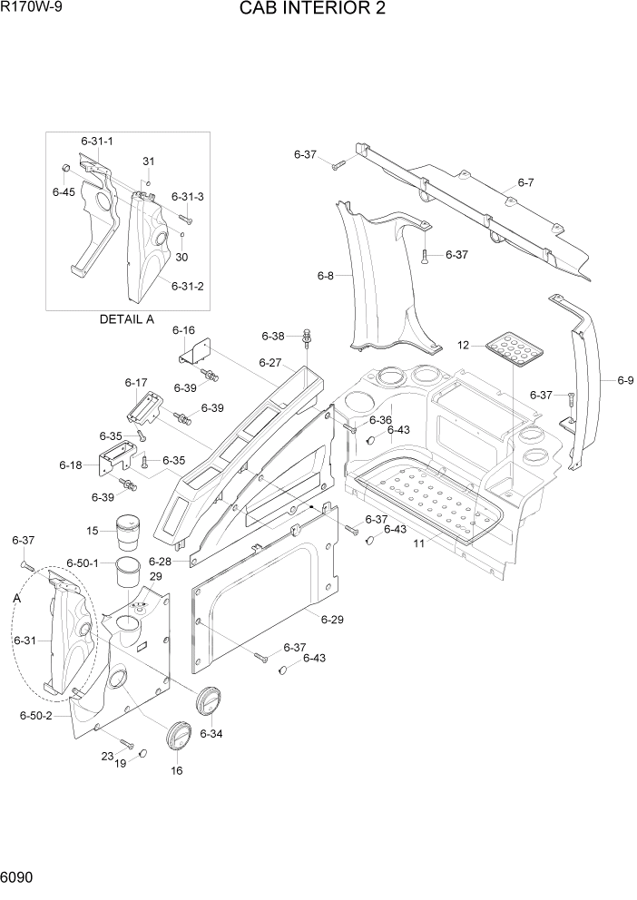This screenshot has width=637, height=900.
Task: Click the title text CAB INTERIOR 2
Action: pos(313,10)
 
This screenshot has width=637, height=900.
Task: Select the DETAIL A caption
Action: pos(127,319)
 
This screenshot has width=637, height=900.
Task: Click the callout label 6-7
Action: pos(525,183)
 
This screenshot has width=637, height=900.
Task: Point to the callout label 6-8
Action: pos(326,275)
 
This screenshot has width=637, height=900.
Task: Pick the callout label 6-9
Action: pos(625,380)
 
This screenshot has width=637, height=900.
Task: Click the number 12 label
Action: pos(464,345)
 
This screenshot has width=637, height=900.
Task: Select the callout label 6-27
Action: pos(271,362)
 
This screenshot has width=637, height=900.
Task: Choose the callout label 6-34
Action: pos(211,733)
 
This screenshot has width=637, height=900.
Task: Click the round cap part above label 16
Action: pos(178,735)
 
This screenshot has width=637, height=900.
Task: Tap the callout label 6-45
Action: pos(64,192)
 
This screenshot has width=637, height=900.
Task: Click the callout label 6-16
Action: pos(184,330)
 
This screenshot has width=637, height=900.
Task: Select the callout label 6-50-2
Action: pos(35,716)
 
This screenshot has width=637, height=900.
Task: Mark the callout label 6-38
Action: pos(273,337)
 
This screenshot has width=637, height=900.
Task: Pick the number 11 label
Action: pos(419,543)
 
